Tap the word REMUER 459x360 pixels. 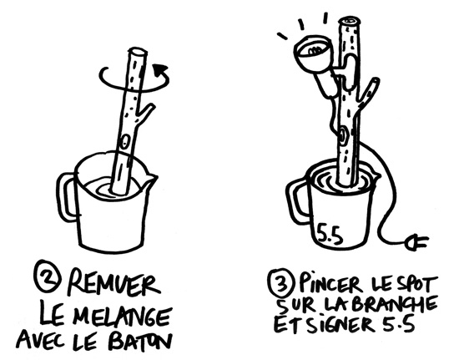click(113, 283)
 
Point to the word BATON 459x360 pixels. click(135, 342)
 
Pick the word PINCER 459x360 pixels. click(328, 283)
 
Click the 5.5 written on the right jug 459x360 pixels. click(330, 234)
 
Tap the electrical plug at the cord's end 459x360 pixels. click(416, 242)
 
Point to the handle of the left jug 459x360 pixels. click(67, 195)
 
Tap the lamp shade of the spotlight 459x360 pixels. click(312, 53)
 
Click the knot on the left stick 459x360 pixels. click(125, 141)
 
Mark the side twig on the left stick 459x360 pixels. click(145, 114)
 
